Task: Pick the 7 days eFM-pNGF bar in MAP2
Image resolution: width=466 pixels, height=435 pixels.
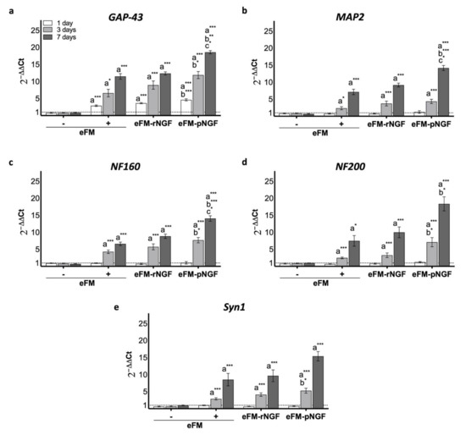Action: [443, 91]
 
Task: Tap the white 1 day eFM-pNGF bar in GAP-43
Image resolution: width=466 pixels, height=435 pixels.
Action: [186, 107]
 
